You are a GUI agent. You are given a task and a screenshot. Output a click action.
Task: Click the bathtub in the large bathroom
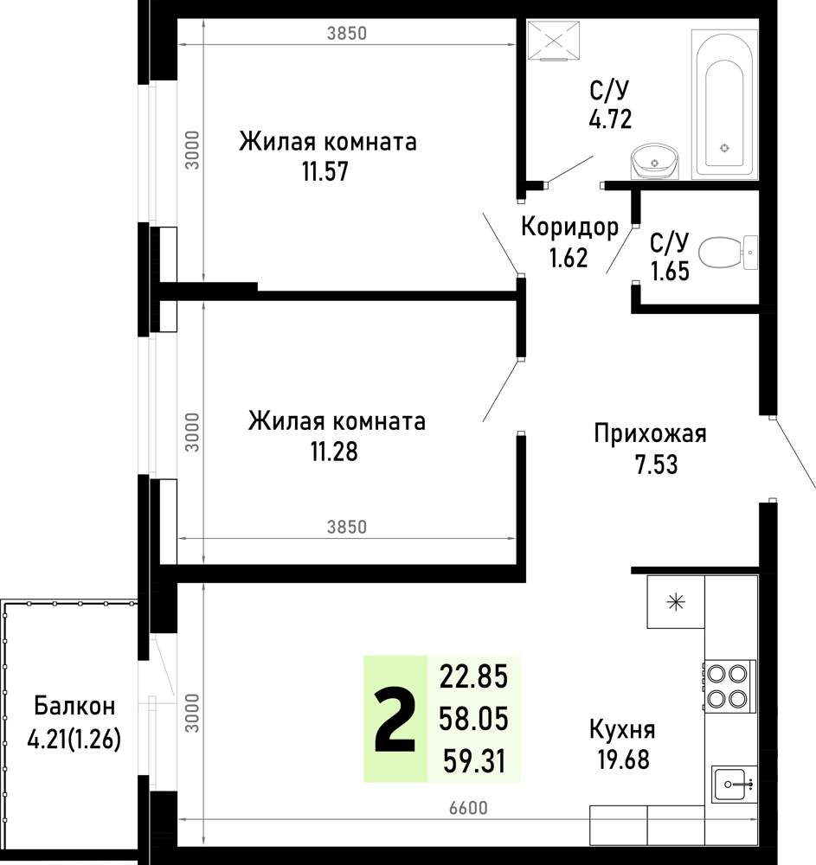[x=724, y=105]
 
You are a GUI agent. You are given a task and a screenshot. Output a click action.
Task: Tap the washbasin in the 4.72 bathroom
[x=654, y=161]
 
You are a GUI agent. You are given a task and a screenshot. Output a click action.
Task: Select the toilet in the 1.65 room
[x=728, y=252]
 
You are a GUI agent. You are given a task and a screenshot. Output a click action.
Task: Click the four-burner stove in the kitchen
[x=728, y=686]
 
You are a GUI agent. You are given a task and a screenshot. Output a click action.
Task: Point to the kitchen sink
[x=734, y=784]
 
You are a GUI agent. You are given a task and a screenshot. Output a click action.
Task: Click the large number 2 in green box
[x=395, y=720]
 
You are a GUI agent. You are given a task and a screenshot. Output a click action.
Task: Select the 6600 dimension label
[x=468, y=808]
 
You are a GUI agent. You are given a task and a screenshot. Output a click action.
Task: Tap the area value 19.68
[x=623, y=759]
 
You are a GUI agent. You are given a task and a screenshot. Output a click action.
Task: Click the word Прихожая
[x=650, y=433]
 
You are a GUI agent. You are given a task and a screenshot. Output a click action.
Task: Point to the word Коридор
[x=570, y=227]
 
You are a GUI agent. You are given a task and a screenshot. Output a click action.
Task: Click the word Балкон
[x=74, y=706]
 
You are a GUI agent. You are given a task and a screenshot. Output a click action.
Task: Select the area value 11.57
[x=325, y=171]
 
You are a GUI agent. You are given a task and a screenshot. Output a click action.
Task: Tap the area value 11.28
[x=334, y=452]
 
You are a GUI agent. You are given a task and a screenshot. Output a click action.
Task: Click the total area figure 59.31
[x=474, y=762]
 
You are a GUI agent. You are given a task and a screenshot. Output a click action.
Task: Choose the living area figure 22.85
[x=473, y=677]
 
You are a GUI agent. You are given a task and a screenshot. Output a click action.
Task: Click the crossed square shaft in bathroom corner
[x=554, y=40]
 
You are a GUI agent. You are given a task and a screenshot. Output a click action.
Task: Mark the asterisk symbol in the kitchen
[x=676, y=601]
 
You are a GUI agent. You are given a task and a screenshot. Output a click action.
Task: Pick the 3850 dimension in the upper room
[x=346, y=33]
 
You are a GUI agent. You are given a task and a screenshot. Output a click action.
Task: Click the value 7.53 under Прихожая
[x=657, y=465]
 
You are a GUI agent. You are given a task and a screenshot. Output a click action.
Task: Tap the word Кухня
[x=622, y=730]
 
